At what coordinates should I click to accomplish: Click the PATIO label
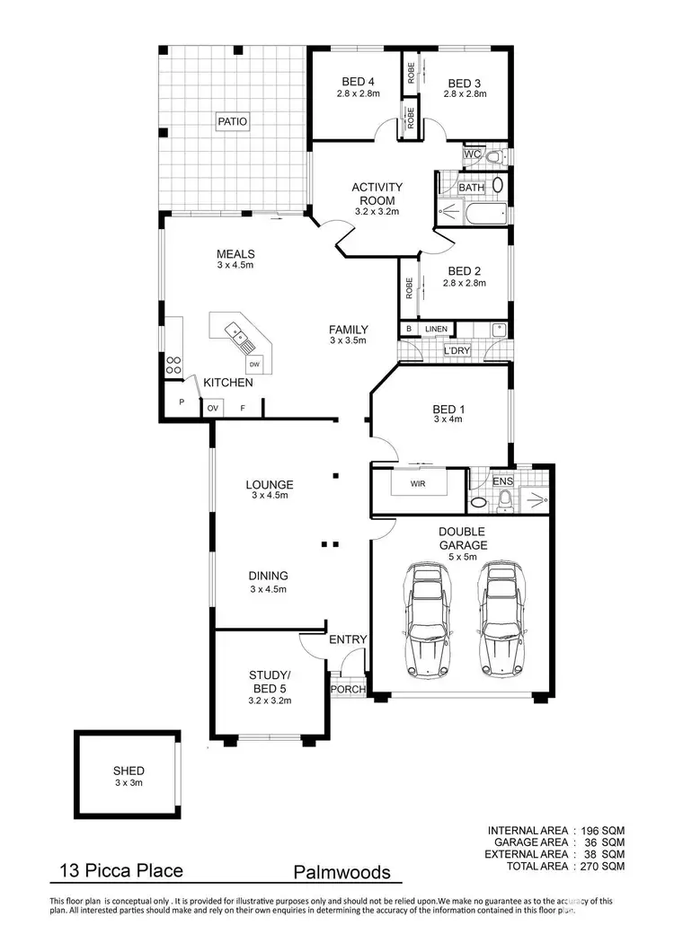pos(231,121)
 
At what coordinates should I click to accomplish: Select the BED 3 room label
pos(464,81)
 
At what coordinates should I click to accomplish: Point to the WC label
pos(471,154)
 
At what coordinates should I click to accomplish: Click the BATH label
pos(471,188)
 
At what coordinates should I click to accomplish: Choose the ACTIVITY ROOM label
pos(377,193)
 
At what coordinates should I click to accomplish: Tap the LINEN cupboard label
pos(436,330)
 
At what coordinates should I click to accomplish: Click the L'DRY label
pos(456,349)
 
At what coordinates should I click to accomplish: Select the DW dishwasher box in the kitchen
pos(254,364)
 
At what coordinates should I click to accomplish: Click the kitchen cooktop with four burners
pos(173,366)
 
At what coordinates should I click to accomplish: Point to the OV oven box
pos(213,408)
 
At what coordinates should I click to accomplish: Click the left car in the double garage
pos(427,620)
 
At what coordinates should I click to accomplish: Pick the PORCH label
pos(348,690)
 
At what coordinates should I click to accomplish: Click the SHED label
pos(129,771)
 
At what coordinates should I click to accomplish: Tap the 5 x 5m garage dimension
pos(463,557)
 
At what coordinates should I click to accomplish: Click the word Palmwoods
pos(341,872)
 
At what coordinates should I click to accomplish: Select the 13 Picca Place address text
pos(120,870)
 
